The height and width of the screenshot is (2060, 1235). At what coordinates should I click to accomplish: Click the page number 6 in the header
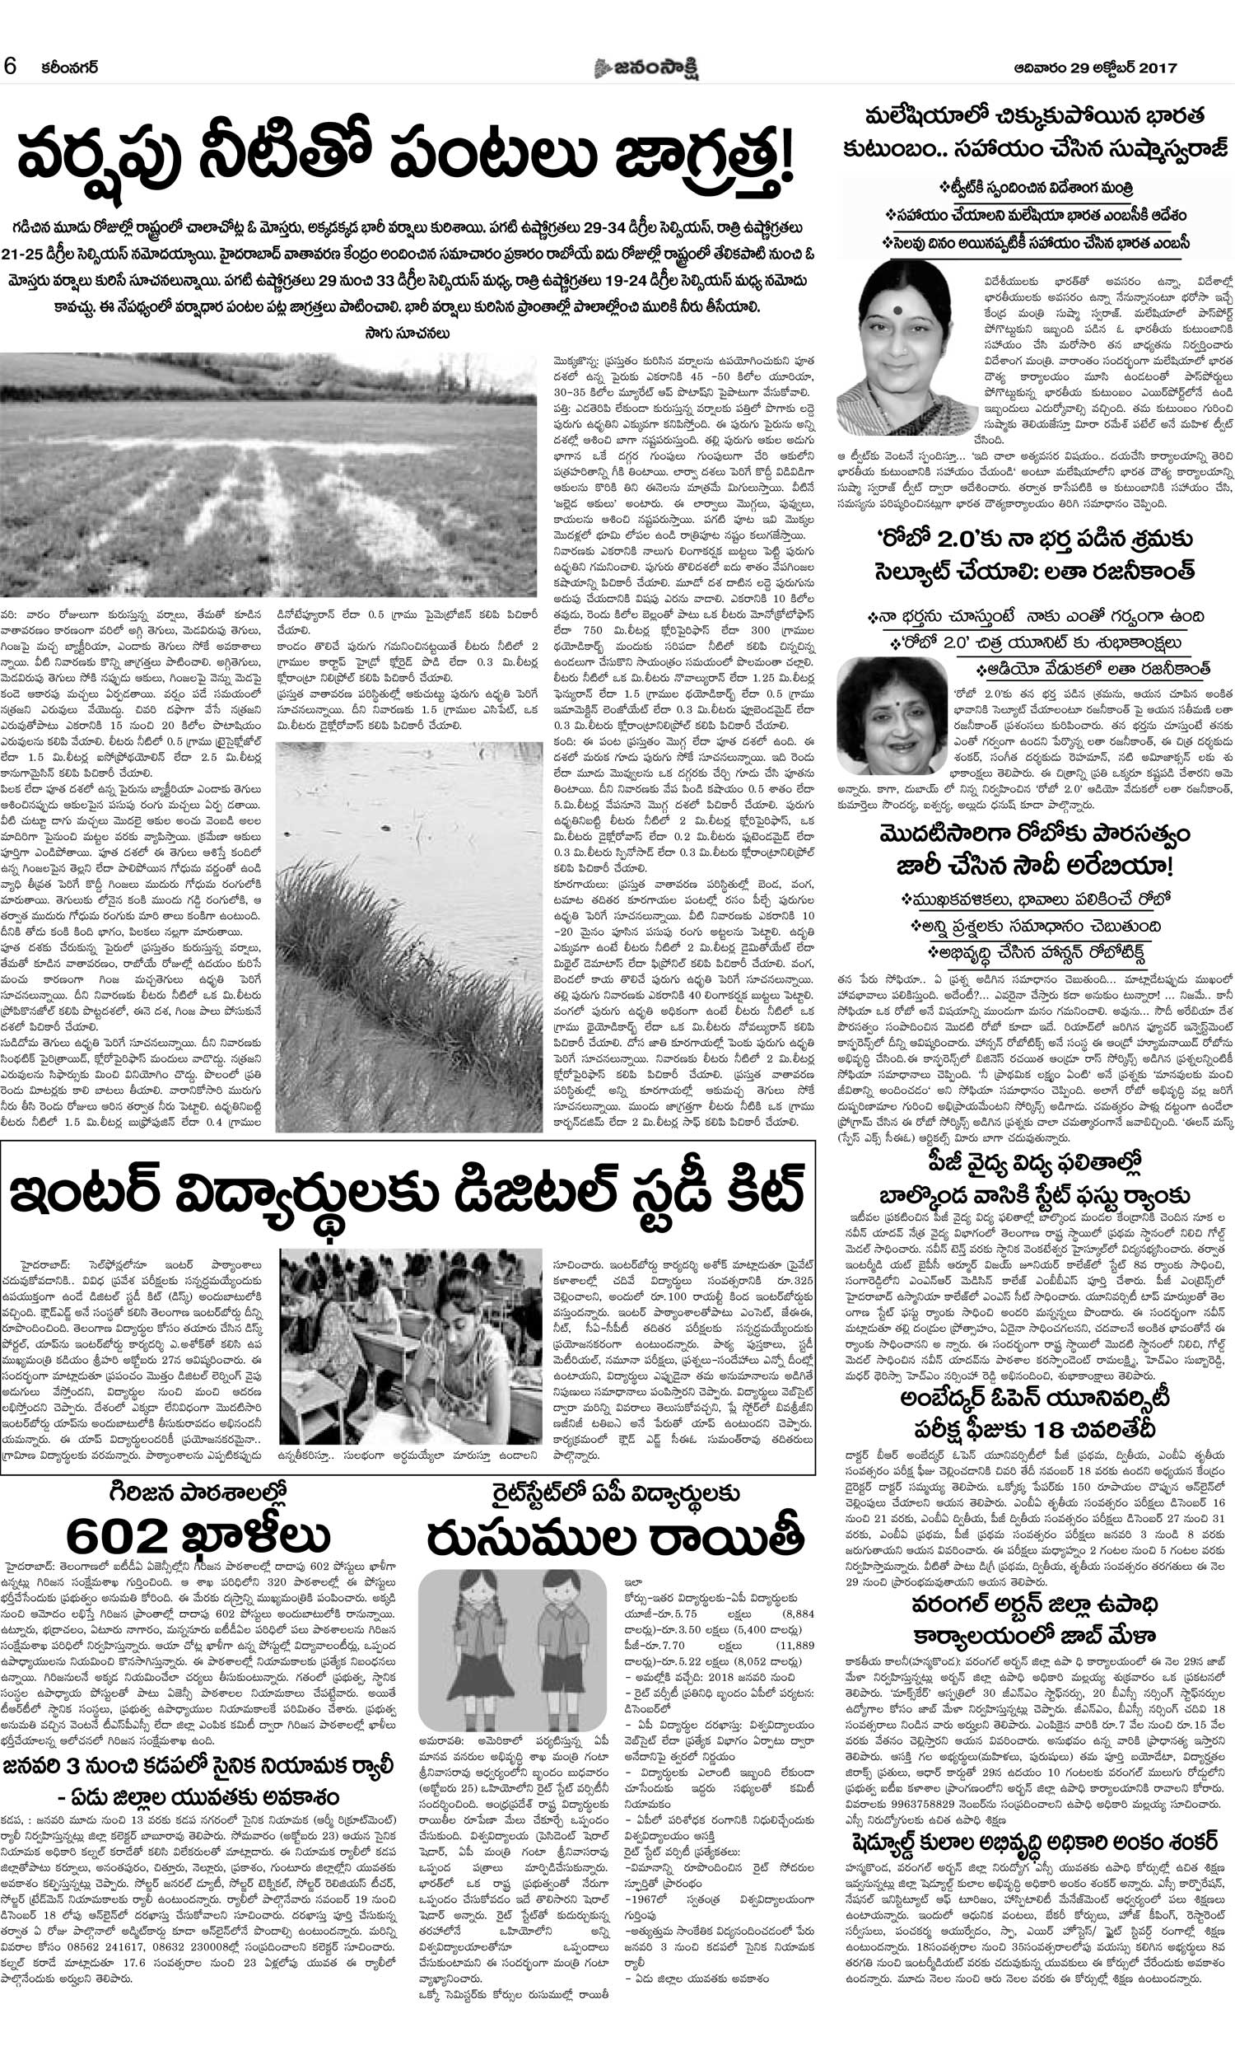pyautogui.click(x=11, y=67)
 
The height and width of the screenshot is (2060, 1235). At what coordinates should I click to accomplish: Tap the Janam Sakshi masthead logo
pyautogui.click(x=645, y=68)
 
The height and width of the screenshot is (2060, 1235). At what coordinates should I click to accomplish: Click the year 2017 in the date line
pyautogui.click(x=1155, y=68)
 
